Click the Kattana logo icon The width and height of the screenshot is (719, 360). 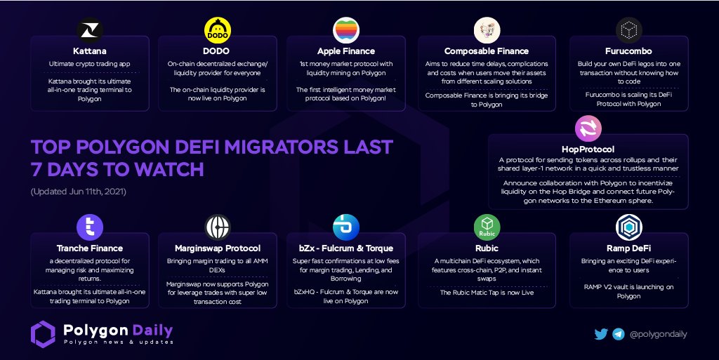[x=90, y=31]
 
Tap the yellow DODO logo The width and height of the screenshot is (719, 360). [x=217, y=31]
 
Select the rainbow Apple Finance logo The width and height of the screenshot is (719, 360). [x=346, y=31]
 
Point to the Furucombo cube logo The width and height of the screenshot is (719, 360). [x=628, y=31]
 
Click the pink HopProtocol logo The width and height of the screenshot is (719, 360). [x=588, y=129]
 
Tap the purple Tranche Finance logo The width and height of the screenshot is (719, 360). [x=90, y=227]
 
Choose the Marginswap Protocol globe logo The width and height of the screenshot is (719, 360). [x=218, y=227]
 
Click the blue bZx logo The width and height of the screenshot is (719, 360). [x=346, y=227]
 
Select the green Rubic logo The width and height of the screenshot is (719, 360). [x=486, y=227]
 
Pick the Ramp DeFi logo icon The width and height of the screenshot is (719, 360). [x=628, y=227]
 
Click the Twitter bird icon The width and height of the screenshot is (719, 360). [x=601, y=334]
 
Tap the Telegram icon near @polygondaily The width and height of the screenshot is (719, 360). [x=619, y=334]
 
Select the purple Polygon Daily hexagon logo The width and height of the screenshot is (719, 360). [x=43, y=334]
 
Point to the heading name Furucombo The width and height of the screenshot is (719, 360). [x=628, y=51]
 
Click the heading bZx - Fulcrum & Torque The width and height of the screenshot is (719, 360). [x=346, y=248]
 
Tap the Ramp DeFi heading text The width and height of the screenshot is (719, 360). [x=628, y=248]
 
